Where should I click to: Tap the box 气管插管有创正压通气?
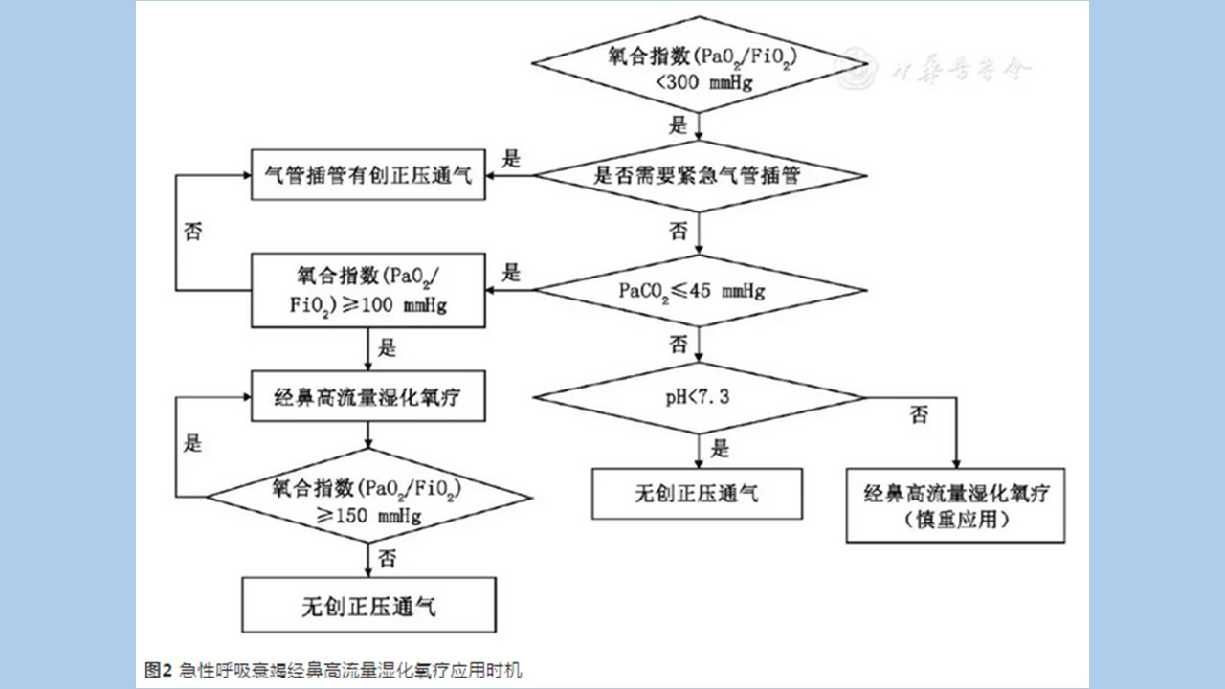(368, 175)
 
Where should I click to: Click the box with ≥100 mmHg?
(368, 290)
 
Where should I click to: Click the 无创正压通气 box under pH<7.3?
(698, 494)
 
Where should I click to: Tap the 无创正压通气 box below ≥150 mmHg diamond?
(368, 606)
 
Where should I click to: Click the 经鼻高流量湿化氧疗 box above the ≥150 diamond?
(368, 396)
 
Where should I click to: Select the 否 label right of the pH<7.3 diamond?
(919, 415)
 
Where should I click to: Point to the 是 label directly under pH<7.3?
(720, 448)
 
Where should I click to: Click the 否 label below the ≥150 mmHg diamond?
(387, 557)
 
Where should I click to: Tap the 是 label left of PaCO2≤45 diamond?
(512, 273)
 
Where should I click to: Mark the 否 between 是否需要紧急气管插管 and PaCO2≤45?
(679, 231)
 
